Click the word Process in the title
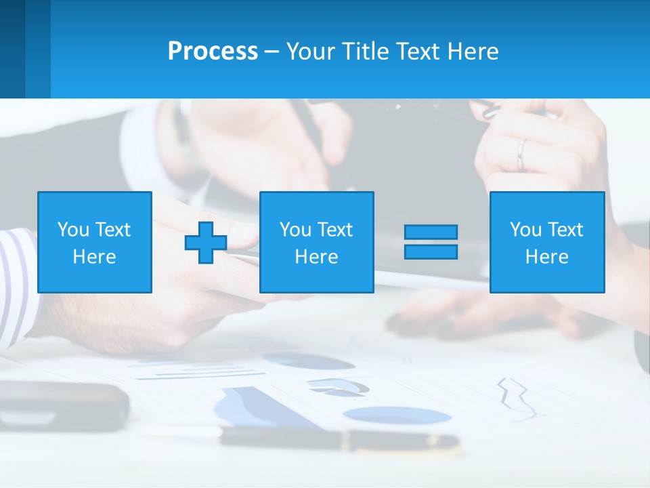tap(213, 52)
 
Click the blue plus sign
tap(206, 242)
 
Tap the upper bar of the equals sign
tap(431, 232)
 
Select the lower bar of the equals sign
tap(431, 251)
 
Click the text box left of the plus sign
tap(95, 242)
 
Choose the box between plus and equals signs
tap(316, 242)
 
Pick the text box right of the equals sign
tap(547, 242)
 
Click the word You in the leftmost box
tap(73, 230)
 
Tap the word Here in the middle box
tap(316, 257)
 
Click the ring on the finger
tap(521, 155)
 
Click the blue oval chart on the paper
tap(395, 415)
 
